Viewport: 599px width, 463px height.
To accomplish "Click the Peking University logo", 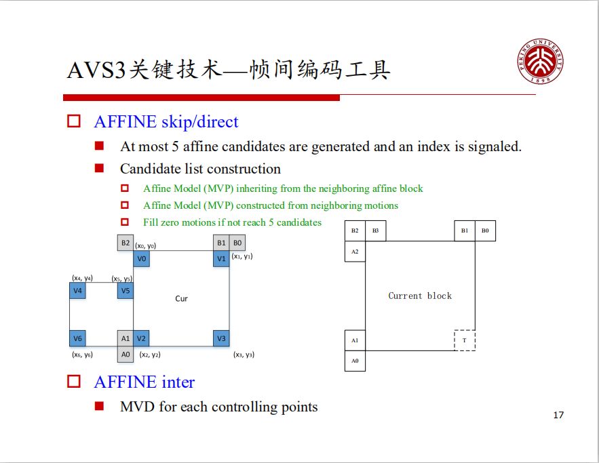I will coord(541,62).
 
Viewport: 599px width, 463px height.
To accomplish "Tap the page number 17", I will coord(558,415).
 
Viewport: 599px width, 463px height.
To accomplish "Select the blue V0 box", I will coord(142,259).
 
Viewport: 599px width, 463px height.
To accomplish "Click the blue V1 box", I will coord(221,259).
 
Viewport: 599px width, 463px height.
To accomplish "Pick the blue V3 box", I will coord(221,338).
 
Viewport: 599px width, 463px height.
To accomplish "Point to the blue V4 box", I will coord(77,291).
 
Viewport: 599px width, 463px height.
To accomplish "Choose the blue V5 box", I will coord(125,291).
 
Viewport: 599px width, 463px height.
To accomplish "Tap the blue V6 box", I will coord(77,338).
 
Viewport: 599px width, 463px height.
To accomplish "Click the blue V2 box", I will coord(142,338).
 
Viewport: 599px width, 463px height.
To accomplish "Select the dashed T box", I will coord(465,340).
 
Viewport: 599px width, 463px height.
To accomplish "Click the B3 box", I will coord(376,231).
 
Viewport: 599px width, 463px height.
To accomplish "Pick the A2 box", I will coord(355,251).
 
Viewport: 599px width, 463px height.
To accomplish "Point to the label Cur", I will coord(181,298).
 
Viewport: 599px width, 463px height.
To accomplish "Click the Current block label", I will coord(420,296).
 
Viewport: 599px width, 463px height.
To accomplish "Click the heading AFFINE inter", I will coord(144,382).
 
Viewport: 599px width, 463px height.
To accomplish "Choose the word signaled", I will coord(495,146).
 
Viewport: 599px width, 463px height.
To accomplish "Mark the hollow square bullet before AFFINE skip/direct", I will coord(74,122).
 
